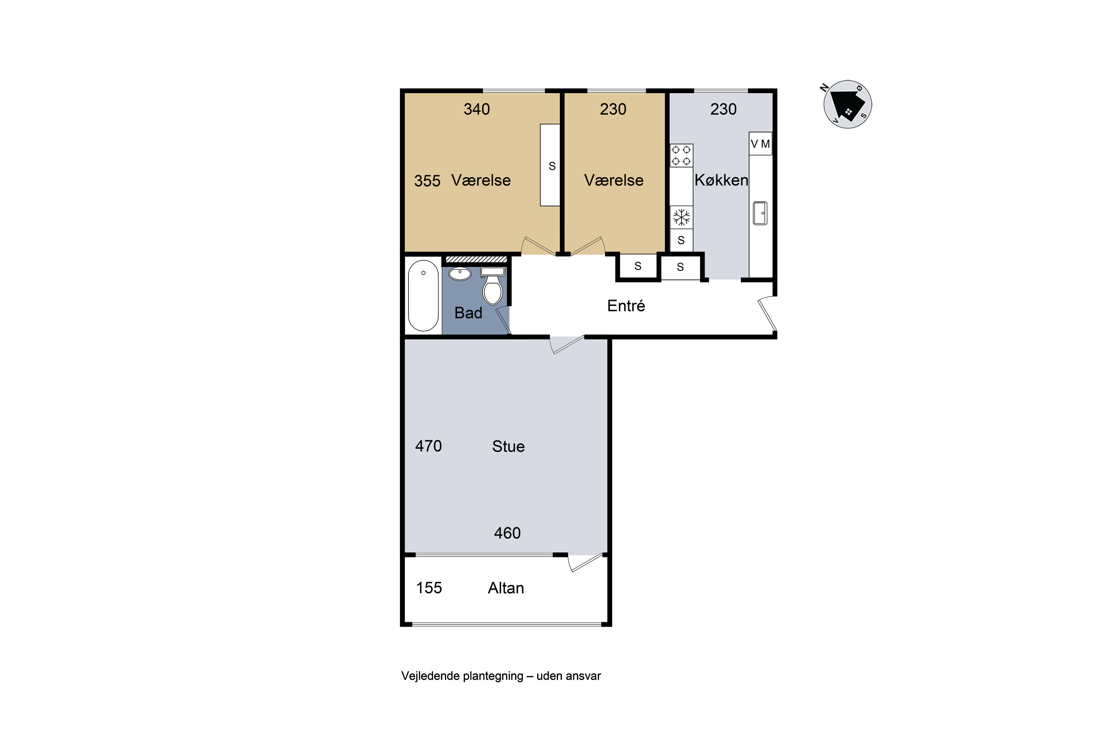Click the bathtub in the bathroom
pos(423,295)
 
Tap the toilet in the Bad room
pos(492,286)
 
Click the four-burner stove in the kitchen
pos(681,156)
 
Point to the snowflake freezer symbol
pos(681,217)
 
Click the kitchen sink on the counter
pos(760,213)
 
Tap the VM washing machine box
pos(760,144)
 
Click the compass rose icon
pos(847,104)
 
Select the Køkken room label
pos(721,180)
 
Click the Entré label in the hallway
pos(626,305)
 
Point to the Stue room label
pos(508,446)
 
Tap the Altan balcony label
pos(506,588)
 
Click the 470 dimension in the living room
pos(428,446)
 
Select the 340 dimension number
pos(477,109)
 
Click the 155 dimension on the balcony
pos(429,588)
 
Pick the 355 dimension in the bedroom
pos(427,181)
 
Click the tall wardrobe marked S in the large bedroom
pos(550,165)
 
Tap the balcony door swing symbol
pos(586,562)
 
